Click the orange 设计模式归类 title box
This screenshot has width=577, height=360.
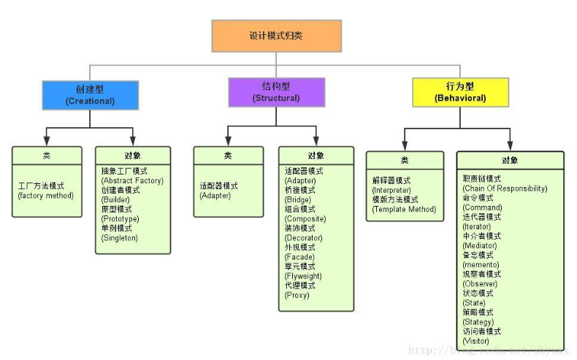pyautogui.click(x=276, y=36)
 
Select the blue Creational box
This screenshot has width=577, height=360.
pyautogui.click(x=90, y=95)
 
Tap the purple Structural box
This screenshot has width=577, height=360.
pyautogui.click(x=275, y=92)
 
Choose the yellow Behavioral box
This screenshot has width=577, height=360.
pyautogui.click(x=460, y=93)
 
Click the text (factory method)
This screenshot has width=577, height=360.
pyautogui.click(x=46, y=195)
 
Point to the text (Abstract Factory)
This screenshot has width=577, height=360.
pyautogui.click(x=132, y=180)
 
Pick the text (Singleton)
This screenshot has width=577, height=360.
pyautogui.click(x=120, y=237)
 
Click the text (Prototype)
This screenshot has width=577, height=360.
pyautogui.click(x=120, y=218)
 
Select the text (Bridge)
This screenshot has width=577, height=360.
pyautogui.click(x=297, y=199)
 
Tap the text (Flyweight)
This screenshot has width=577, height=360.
pyautogui.click(x=304, y=276)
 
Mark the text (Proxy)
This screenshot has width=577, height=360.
pyautogui.click(x=297, y=295)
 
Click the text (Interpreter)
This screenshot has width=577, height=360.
pyautogui.click(x=392, y=190)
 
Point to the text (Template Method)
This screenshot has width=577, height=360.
pyautogui.click(x=404, y=209)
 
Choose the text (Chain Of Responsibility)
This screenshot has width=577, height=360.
pyautogui.click(x=505, y=188)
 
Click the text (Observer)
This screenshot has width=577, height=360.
pyautogui.click(x=480, y=283)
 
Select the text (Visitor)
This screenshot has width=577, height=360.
pyautogui.click(x=475, y=340)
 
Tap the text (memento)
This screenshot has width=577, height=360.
pyautogui.click(x=481, y=264)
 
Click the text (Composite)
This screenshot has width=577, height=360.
pyautogui.click(x=305, y=218)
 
